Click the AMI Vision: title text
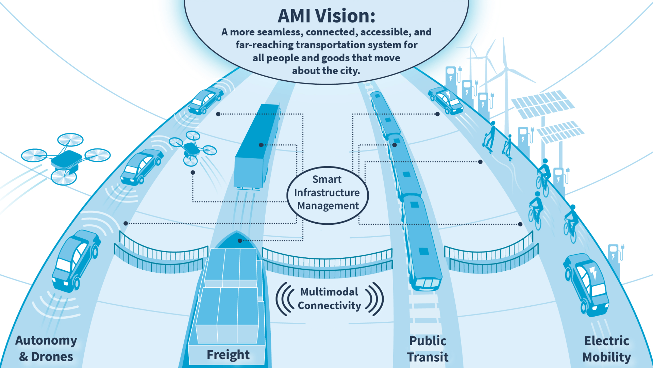(326, 16)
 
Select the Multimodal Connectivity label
(329, 299)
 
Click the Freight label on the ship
(228, 355)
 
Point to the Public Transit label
(428, 349)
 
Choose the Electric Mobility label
(606, 349)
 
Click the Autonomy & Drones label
(46, 348)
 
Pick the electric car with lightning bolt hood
(586, 285)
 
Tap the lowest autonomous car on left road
(76, 261)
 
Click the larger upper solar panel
(543, 104)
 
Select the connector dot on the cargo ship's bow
(240, 241)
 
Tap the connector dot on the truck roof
(261, 145)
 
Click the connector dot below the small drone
(193, 173)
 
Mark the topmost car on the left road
(206, 100)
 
